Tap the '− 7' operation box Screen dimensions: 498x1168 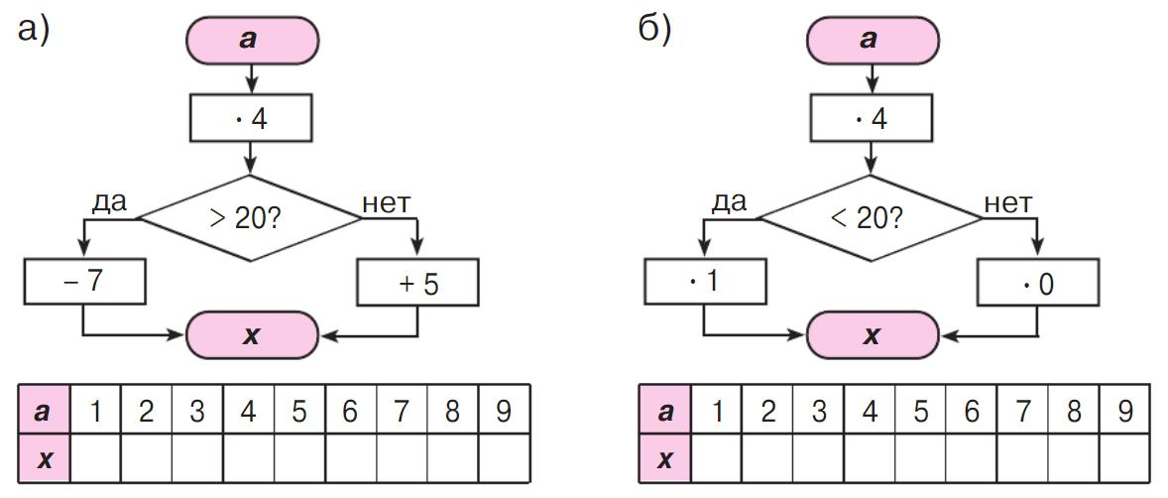tap(85, 282)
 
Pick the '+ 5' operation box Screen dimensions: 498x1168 tap(417, 284)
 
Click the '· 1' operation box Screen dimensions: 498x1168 tap(705, 282)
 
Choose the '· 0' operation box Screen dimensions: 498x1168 tap(1037, 284)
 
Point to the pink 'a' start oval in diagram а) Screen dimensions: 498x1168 tap(252, 40)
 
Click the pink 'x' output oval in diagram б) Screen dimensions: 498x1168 tap(872, 335)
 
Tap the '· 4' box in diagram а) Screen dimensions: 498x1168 tap(251, 119)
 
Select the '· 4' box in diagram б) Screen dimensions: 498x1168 tap(872, 119)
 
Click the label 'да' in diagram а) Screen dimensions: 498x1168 tap(110, 201)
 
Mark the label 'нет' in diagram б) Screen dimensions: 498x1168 tap(1007, 202)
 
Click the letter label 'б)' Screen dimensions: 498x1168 tap(654, 29)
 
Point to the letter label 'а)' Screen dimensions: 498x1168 tap(35, 29)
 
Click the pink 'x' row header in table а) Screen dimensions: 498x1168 tap(45, 458)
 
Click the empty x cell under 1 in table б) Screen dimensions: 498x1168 tap(717, 458)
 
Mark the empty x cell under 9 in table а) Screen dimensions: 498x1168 tap(504, 458)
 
